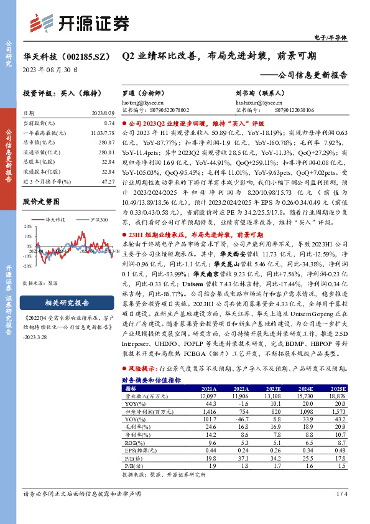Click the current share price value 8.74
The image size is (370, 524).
pyautogui.click(x=109, y=124)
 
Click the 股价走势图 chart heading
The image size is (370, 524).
pyautogui.click(x=41, y=202)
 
